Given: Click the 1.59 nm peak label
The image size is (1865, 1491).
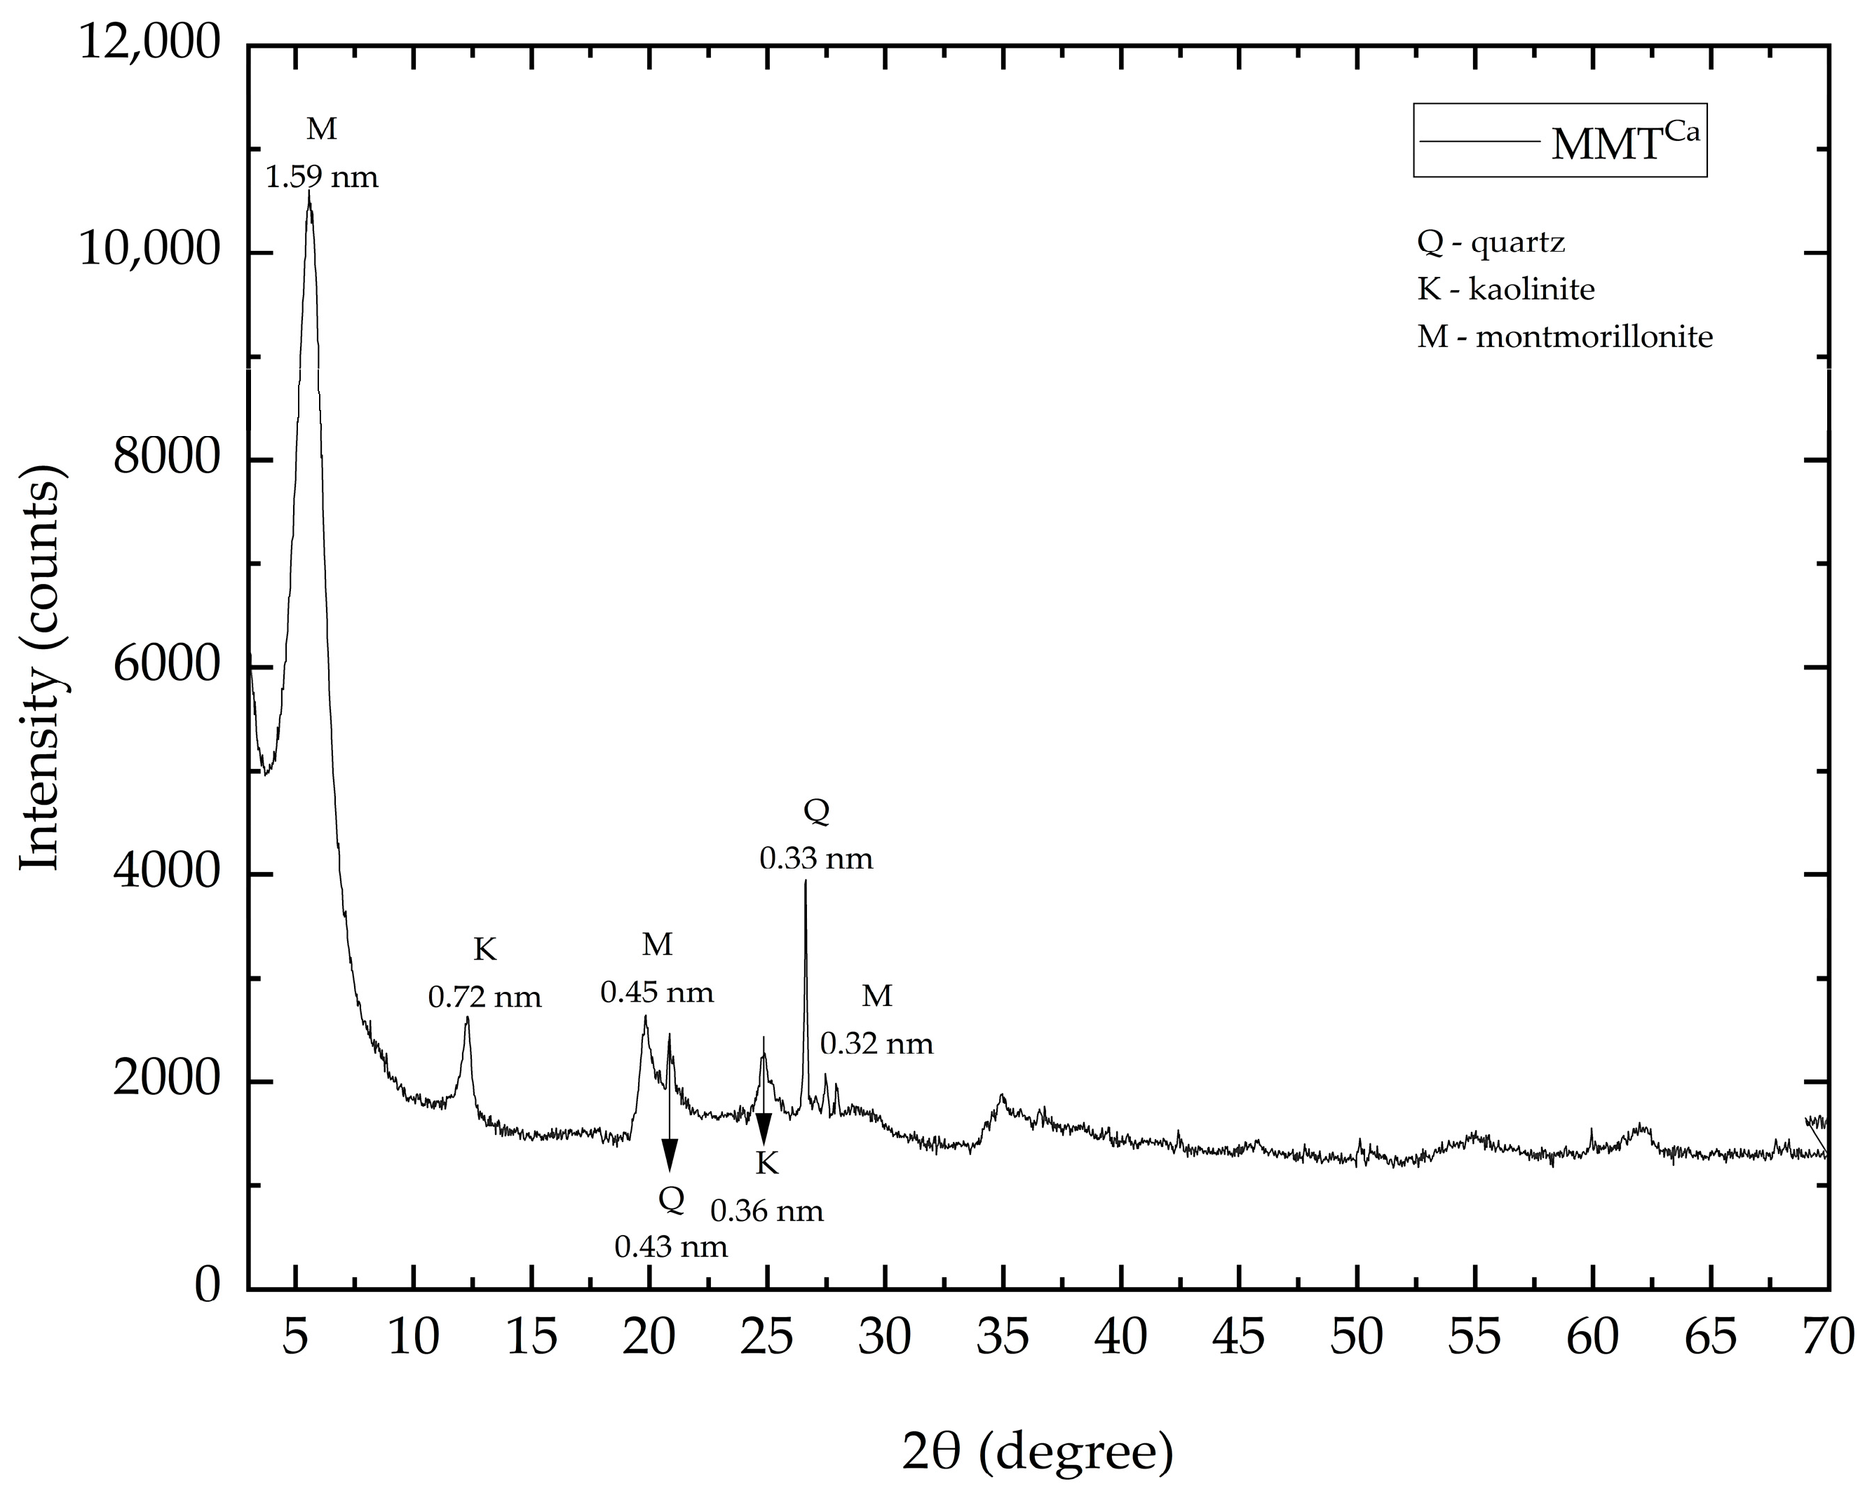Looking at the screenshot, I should pos(321,178).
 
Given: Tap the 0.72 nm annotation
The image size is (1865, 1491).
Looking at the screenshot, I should pos(484,998).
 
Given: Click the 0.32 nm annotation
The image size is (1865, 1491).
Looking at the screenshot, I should pos(876,1044).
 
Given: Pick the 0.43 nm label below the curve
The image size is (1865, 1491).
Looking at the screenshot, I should pos(670,1247).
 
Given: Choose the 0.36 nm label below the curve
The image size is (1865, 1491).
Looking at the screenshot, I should pos(766,1211).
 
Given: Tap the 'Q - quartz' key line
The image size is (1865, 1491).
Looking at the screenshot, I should pos(1491,243).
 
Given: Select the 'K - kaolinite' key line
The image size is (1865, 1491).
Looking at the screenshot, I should pos(1505,289).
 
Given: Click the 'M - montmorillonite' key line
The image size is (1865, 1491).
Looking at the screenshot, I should pos(1564,336).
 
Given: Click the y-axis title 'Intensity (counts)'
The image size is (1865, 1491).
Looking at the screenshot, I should pos(41,667).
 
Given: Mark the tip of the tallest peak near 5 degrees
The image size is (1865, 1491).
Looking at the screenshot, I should pos(308,192).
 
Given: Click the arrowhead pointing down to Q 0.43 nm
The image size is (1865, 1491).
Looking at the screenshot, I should pos(670,1155).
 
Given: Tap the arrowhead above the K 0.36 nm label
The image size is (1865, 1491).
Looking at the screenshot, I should pos(764,1129).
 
